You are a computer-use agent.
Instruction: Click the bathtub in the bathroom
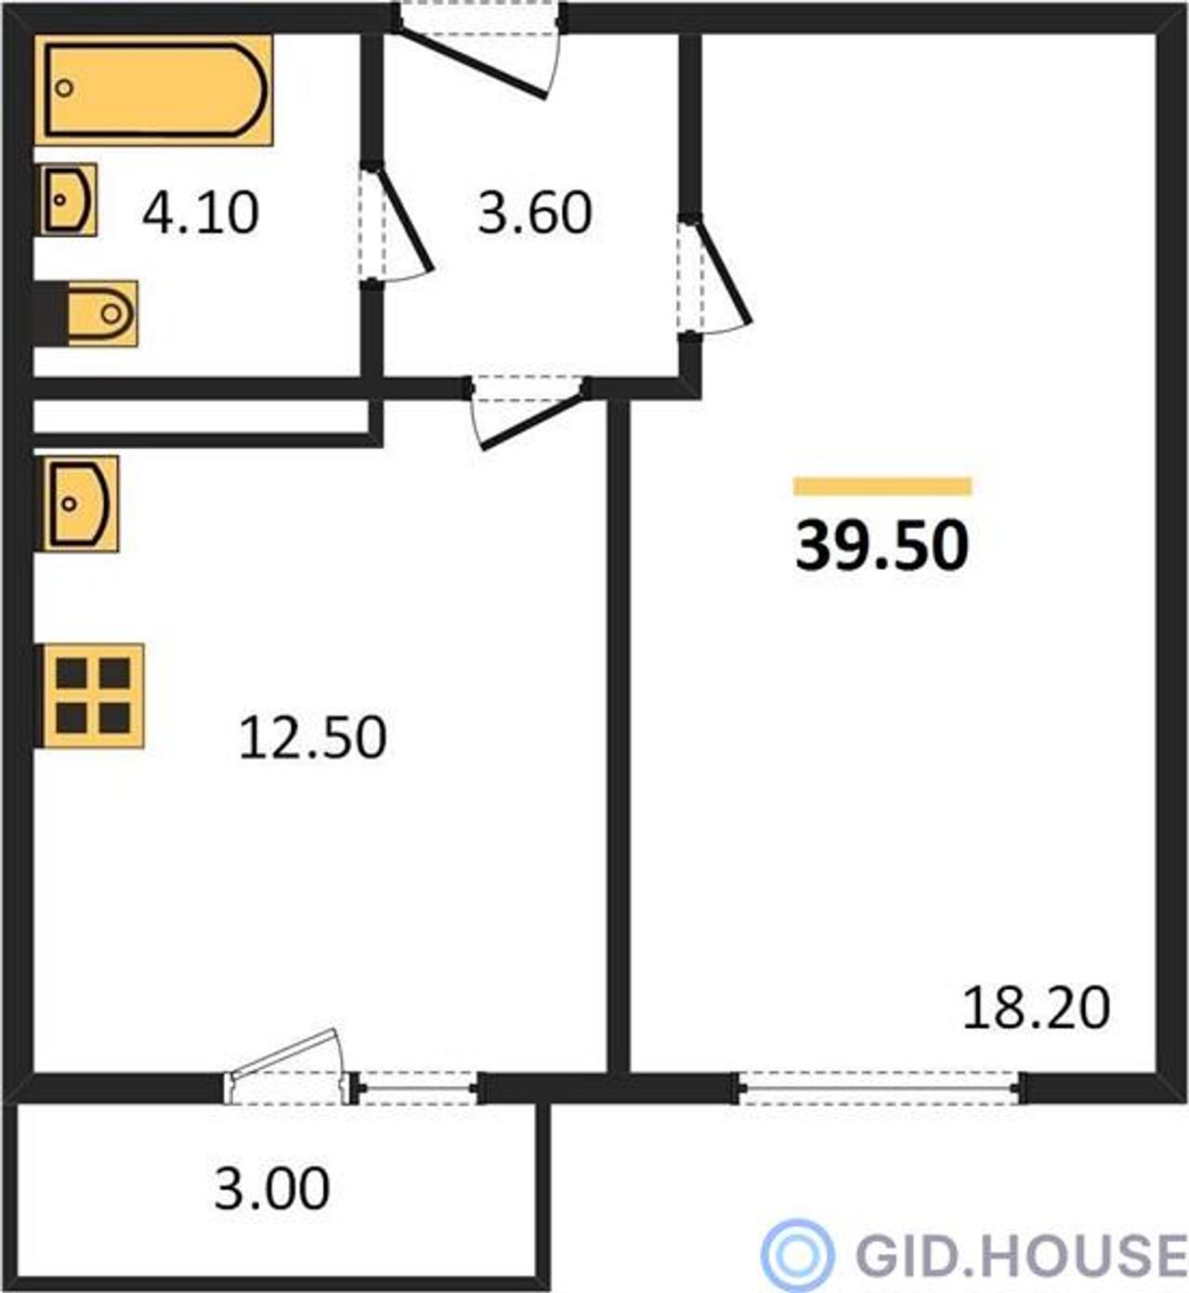tap(154, 89)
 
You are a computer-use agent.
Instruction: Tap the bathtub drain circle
tap(64, 87)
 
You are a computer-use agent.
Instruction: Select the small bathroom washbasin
tap(66, 200)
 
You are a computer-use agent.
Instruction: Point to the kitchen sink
tap(79, 504)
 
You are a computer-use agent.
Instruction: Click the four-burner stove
tap(91, 696)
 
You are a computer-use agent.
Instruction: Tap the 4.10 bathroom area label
tap(201, 214)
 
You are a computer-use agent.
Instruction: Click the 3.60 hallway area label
tap(535, 214)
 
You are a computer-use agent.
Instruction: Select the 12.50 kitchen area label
tap(312, 738)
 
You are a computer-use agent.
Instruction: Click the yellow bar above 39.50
tap(882, 486)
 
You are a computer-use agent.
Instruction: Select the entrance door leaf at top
tap(472, 62)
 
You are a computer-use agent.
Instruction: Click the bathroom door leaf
tap(400, 218)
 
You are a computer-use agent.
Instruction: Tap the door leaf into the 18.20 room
tap(720, 270)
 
